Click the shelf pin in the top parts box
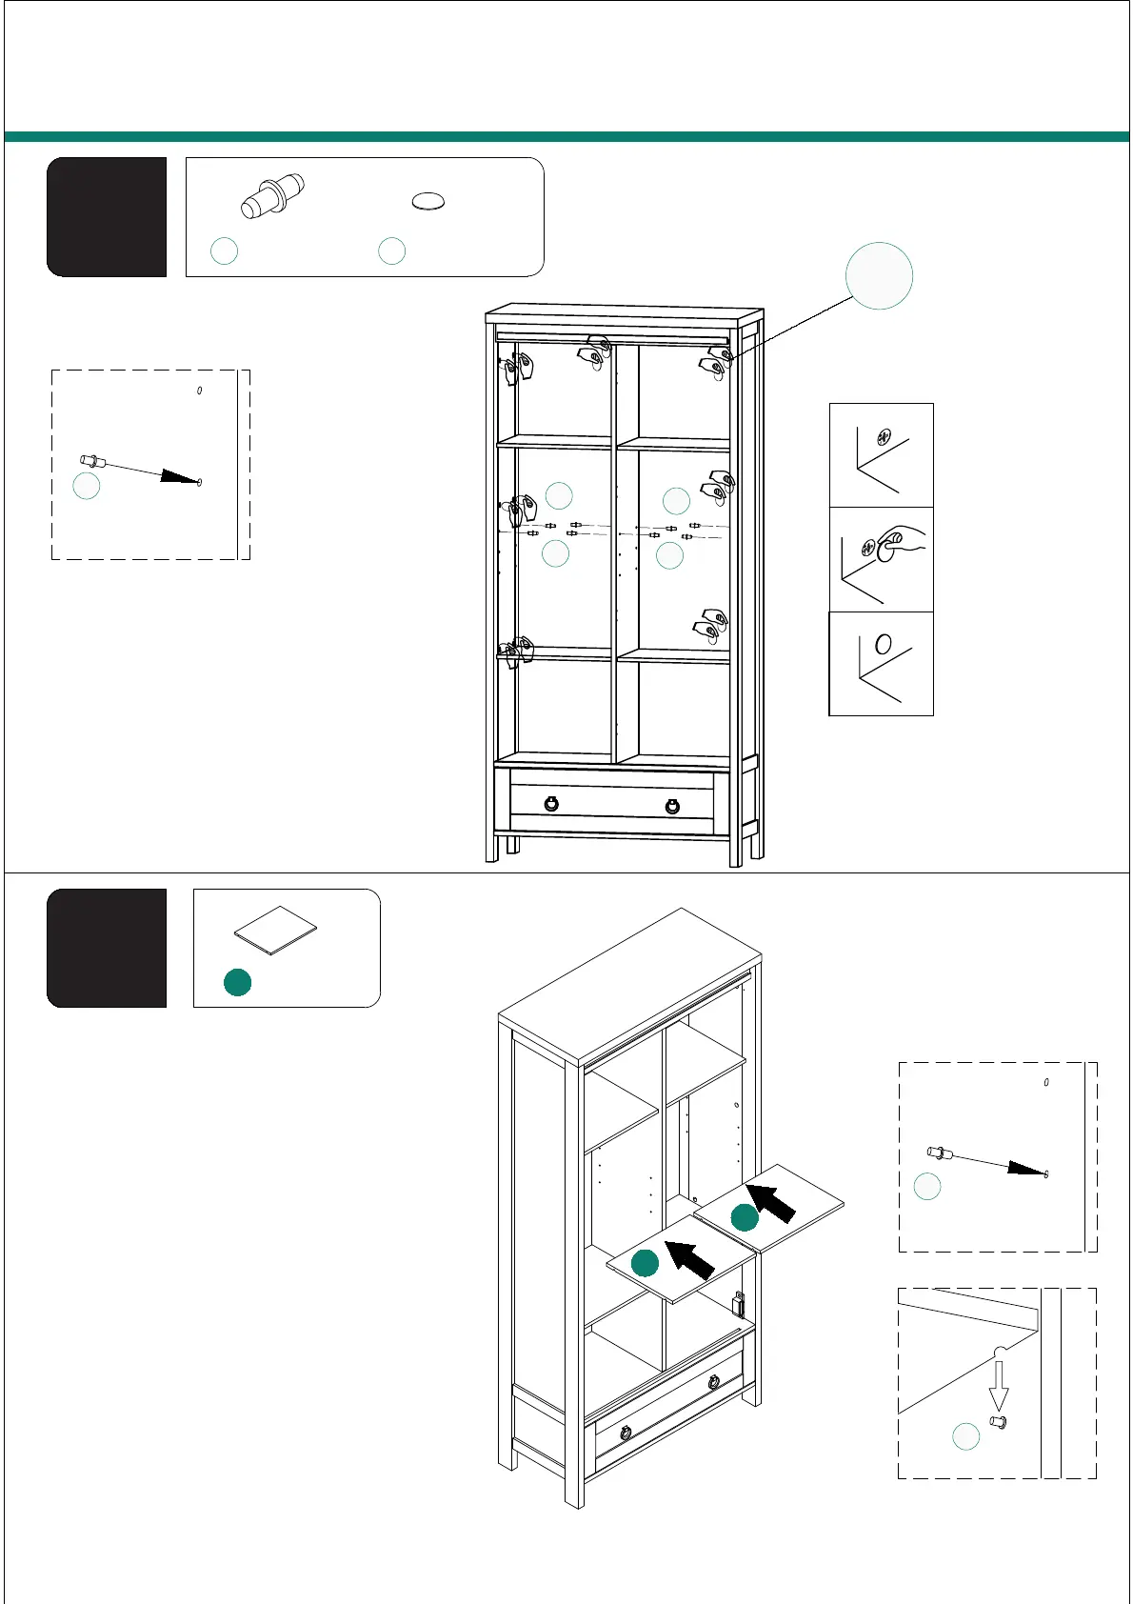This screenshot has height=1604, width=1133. point(271,196)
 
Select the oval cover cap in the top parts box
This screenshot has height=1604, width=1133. point(428,202)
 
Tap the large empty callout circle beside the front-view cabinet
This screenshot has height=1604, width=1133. point(879,276)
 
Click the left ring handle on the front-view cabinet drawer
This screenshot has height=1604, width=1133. point(551,804)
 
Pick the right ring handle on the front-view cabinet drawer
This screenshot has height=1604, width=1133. point(673,806)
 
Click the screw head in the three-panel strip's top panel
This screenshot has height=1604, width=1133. point(884,439)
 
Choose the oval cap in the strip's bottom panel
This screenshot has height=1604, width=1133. point(884,645)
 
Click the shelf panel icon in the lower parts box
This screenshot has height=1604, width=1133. point(275,930)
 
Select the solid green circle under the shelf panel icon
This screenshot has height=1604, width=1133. point(237,982)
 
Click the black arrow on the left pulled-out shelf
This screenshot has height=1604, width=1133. point(689,1259)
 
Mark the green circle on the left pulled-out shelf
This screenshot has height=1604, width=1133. point(646,1263)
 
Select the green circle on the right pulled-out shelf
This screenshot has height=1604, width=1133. point(745,1217)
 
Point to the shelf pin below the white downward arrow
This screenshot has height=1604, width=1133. point(999,1423)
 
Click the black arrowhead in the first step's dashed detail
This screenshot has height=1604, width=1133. point(179,477)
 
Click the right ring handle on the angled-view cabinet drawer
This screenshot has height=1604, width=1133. point(713,1382)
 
